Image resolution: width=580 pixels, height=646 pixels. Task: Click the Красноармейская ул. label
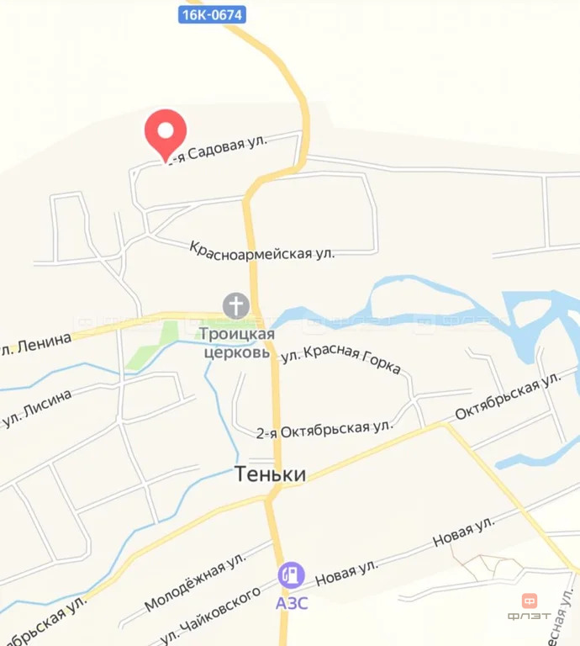tap(261, 249)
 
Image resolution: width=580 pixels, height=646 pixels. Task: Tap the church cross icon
tap(236, 304)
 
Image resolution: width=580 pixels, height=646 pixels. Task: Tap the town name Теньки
tap(268, 474)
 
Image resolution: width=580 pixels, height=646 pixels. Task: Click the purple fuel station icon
tap(292, 575)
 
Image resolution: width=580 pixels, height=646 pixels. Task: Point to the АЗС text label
tap(292, 603)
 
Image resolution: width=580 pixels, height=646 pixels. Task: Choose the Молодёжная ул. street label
tap(194, 581)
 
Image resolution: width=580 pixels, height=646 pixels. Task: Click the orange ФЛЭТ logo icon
tap(530, 601)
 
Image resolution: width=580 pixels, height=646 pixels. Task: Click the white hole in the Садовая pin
tap(166, 130)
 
